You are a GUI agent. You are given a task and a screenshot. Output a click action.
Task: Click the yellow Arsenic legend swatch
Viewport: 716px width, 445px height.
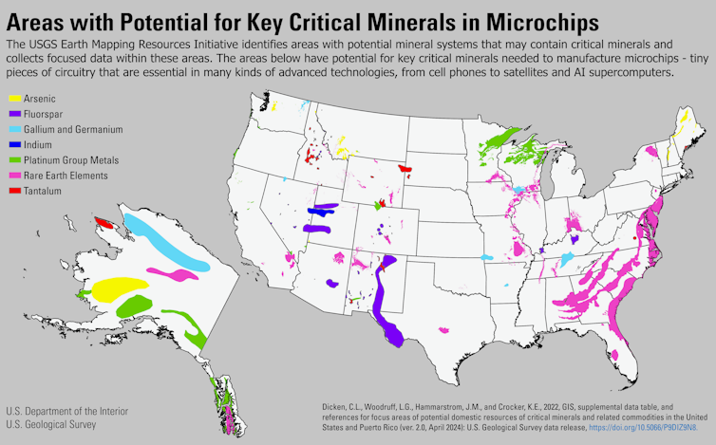pos(14,98)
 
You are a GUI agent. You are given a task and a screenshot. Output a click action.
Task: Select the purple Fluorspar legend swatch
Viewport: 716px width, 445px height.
pos(14,114)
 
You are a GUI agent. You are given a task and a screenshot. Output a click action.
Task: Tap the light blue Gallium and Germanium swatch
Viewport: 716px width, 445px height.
pos(14,129)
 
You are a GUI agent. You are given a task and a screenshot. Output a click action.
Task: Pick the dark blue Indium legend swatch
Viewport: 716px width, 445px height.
pos(14,144)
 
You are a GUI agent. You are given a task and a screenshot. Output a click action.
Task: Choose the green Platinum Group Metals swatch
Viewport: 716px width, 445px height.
pos(14,159)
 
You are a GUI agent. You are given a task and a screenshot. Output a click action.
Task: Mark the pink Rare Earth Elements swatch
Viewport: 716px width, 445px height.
pos(14,175)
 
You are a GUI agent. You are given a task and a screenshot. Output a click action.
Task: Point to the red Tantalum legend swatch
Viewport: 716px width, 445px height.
pos(14,190)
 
